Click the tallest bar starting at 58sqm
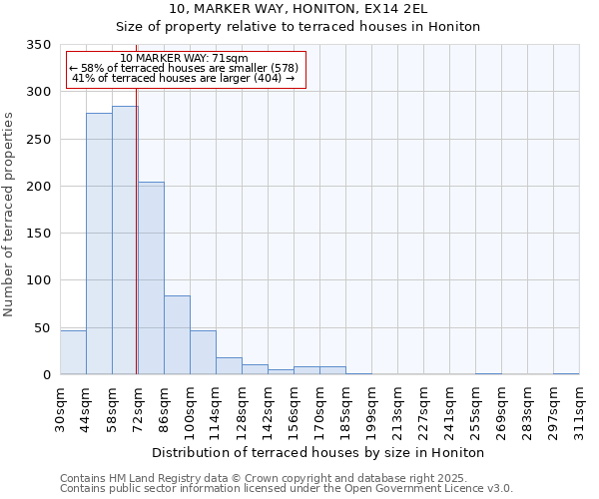click(125, 241)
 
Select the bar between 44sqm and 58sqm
click(99, 244)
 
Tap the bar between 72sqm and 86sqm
click(151, 278)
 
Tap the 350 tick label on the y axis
click(38, 45)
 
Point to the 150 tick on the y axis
click(38, 234)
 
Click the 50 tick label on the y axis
click(42, 327)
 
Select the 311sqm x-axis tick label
click(579, 409)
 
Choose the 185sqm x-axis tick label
click(345, 409)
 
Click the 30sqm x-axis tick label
click(60, 409)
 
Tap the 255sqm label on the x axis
click(475, 409)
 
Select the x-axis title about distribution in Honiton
click(317, 452)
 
